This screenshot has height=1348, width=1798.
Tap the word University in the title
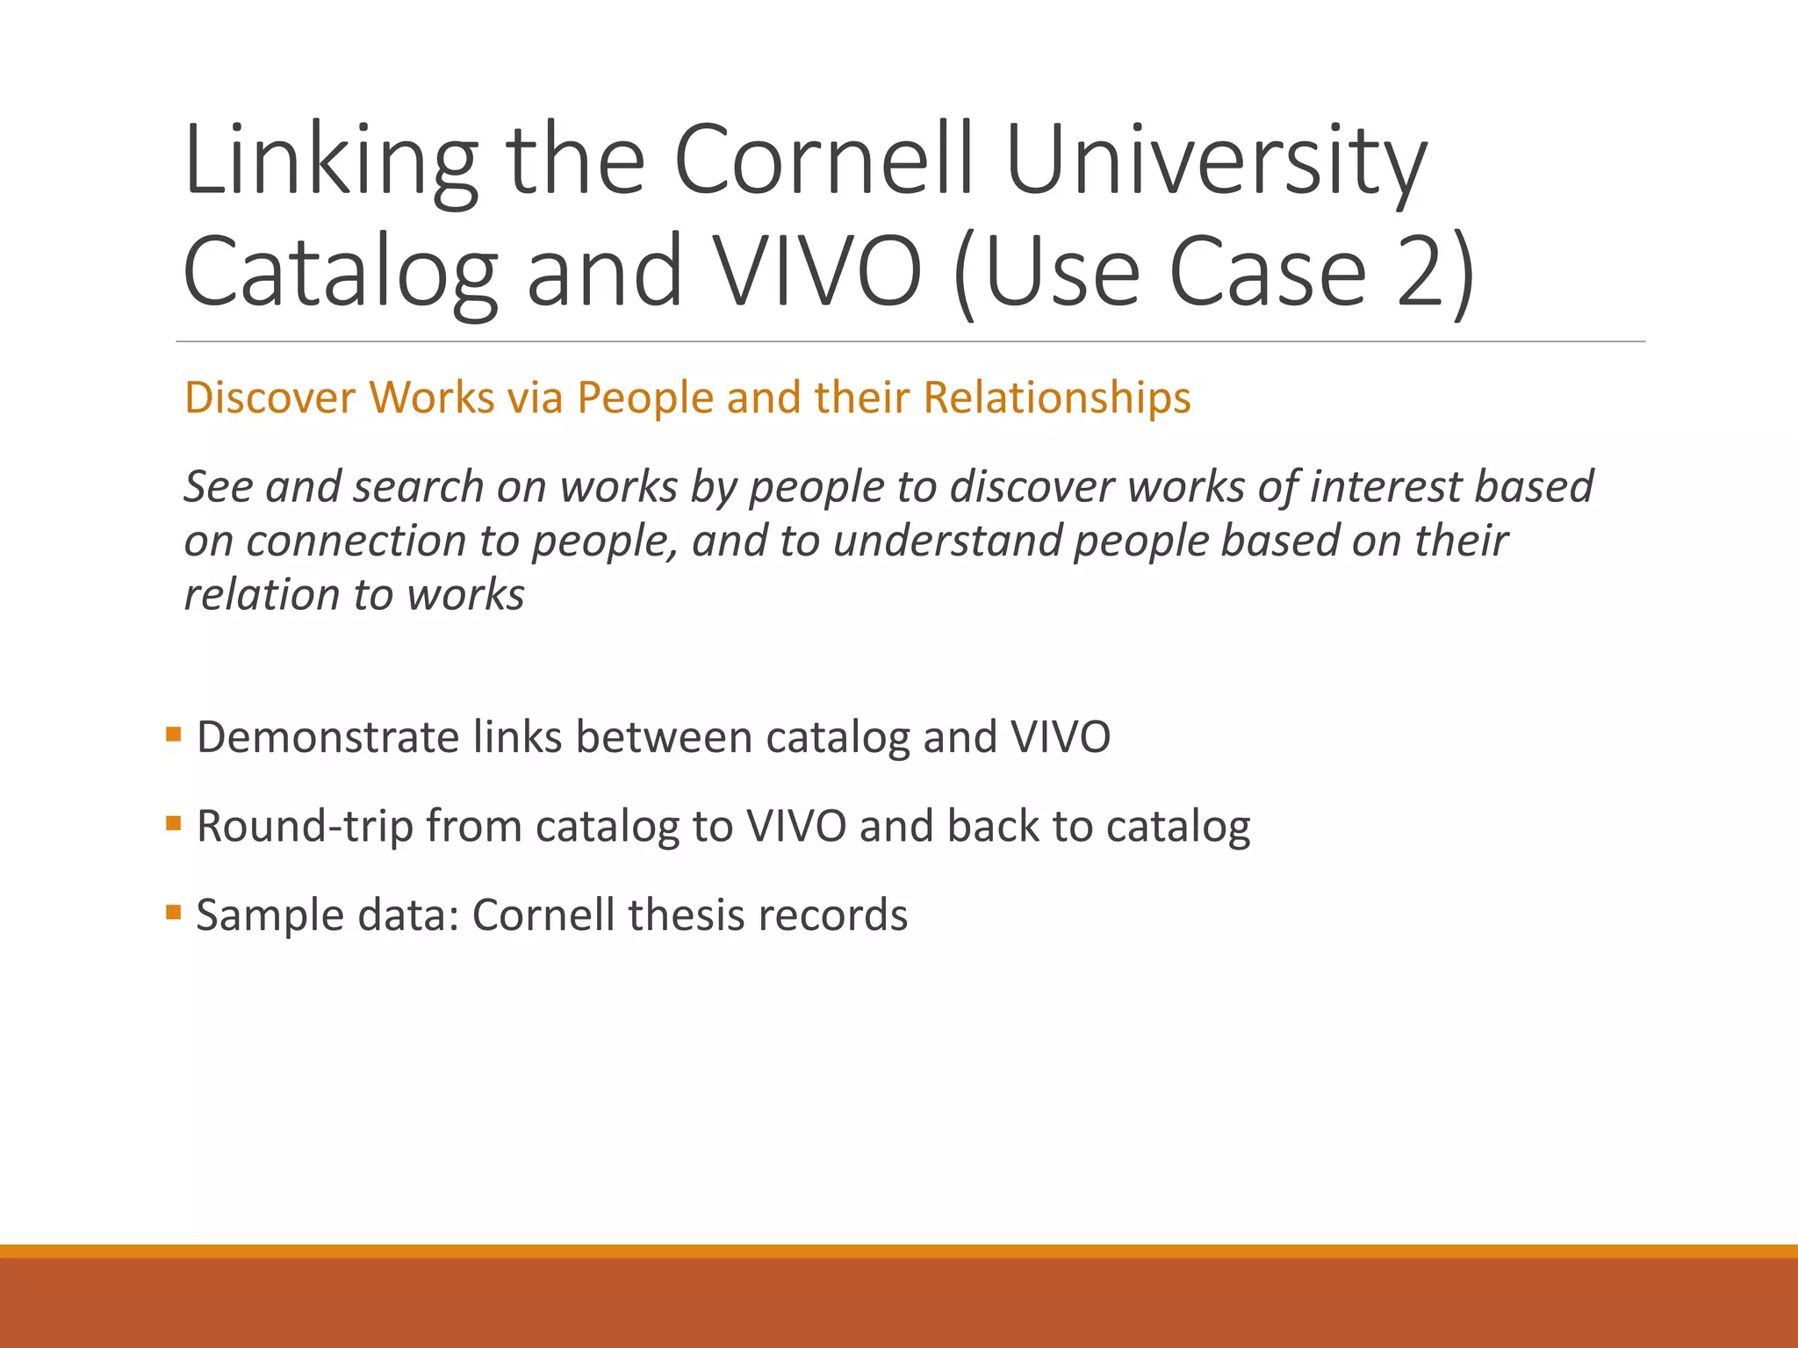coord(1216,162)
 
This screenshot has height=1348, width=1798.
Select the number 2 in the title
coord(1420,272)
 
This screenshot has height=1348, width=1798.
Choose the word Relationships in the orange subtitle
coord(1057,398)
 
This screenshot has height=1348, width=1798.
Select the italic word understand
coord(948,541)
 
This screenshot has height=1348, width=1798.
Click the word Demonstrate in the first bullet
coord(327,737)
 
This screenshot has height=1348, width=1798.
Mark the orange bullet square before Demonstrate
coord(173,734)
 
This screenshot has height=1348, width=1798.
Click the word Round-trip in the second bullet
coord(305,827)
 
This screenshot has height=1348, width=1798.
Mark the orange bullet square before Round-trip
coord(173,823)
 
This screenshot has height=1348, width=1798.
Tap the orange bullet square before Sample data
coord(173,913)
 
